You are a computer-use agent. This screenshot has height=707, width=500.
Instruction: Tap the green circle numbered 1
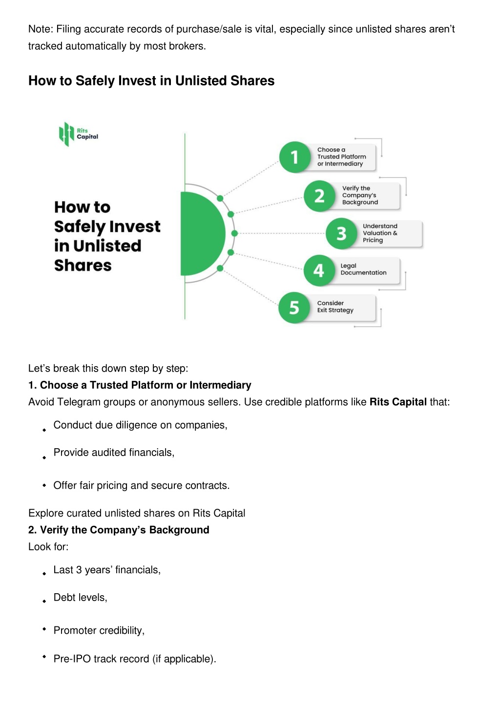(x=294, y=157)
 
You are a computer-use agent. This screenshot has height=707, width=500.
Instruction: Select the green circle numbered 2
(x=319, y=196)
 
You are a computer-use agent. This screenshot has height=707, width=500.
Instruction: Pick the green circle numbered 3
(x=341, y=233)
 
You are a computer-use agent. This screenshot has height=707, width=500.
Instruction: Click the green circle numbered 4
(x=319, y=270)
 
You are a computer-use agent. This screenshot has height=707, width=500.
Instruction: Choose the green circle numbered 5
(x=294, y=308)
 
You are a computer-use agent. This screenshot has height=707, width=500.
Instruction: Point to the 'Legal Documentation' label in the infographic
(x=363, y=269)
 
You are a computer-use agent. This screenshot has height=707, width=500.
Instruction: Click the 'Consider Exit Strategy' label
(x=335, y=307)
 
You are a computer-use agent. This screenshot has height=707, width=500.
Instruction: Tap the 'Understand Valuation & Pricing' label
(x=380, y=233)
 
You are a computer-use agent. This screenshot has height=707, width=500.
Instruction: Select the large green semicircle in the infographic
(x=203, y=233)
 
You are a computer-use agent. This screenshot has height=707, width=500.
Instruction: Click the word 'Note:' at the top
(x=41, y=29)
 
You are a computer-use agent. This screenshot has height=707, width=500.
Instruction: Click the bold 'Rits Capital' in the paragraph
(x=398, y=402)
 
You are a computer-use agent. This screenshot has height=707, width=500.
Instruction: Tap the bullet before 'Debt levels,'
(x=44, y=601)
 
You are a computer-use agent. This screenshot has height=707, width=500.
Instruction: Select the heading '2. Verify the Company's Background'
(x=119, y=530)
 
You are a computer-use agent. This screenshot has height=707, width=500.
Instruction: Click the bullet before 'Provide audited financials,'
(x=44, y=457)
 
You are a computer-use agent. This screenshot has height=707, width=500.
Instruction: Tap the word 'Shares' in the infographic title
(x=83, y=265)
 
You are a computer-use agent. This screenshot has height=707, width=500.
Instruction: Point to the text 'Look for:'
(x=48, y=547)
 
